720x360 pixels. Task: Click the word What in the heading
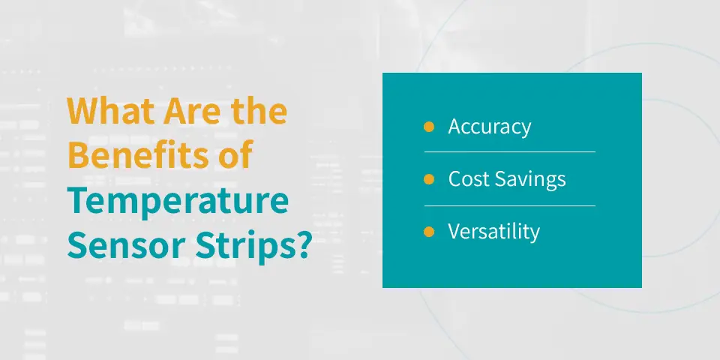tap(109, 111)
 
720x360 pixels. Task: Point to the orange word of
tap(235, 154)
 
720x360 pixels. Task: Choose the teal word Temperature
tap(178, 201)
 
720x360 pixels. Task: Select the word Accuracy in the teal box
tap(490, 127)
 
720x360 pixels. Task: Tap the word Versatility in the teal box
tap(494, 232)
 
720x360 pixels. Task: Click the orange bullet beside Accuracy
tap(429, 127)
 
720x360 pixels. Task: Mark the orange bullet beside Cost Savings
tap(429, 179)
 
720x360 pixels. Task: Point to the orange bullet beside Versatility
tap(429, 232)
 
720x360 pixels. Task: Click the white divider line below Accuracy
tap(510, 151)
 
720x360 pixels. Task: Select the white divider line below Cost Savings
tap(510, 205)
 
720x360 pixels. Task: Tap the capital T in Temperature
tap(78, 201)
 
